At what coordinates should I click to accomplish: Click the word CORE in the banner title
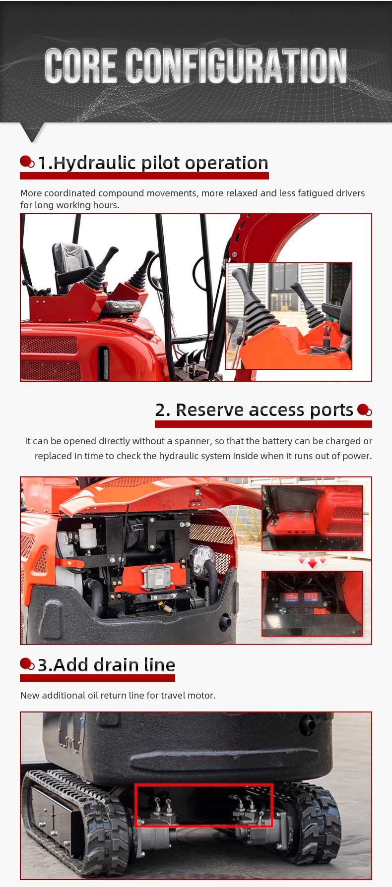pos(80,65)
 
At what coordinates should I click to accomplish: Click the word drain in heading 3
pos(114,665)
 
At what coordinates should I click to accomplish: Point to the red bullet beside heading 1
pos(27,162)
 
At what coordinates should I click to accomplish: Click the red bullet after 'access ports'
pos(364,410)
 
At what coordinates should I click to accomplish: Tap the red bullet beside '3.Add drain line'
pos(27,664)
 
